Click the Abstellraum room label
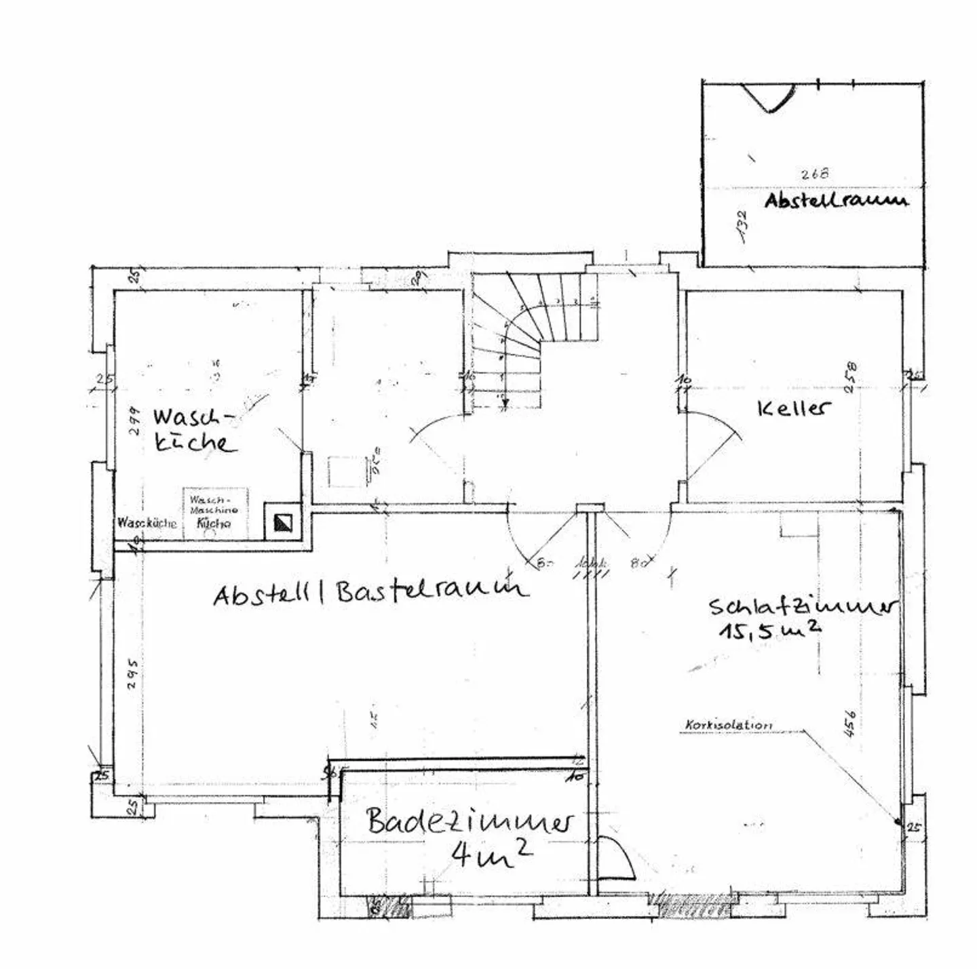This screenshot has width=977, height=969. pos(835,200)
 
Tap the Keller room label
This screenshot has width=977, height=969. pos(792,408)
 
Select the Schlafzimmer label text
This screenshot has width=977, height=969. pos(801,605)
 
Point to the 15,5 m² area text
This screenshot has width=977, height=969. pos(769,630)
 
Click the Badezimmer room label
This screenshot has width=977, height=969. pos(469,821)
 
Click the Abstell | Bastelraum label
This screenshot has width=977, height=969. pos(370,592)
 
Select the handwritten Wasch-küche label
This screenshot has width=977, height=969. pos(193,430)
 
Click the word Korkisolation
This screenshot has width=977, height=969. pos(728,725)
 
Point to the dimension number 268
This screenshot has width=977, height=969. pos(814,174)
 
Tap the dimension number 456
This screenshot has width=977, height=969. pos(850,723)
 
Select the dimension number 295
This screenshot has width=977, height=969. pos(133,673)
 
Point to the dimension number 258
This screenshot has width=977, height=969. pos(851,378)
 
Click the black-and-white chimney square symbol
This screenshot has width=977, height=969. pos(283,522)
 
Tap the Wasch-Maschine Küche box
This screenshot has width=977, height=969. pos(214,513)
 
